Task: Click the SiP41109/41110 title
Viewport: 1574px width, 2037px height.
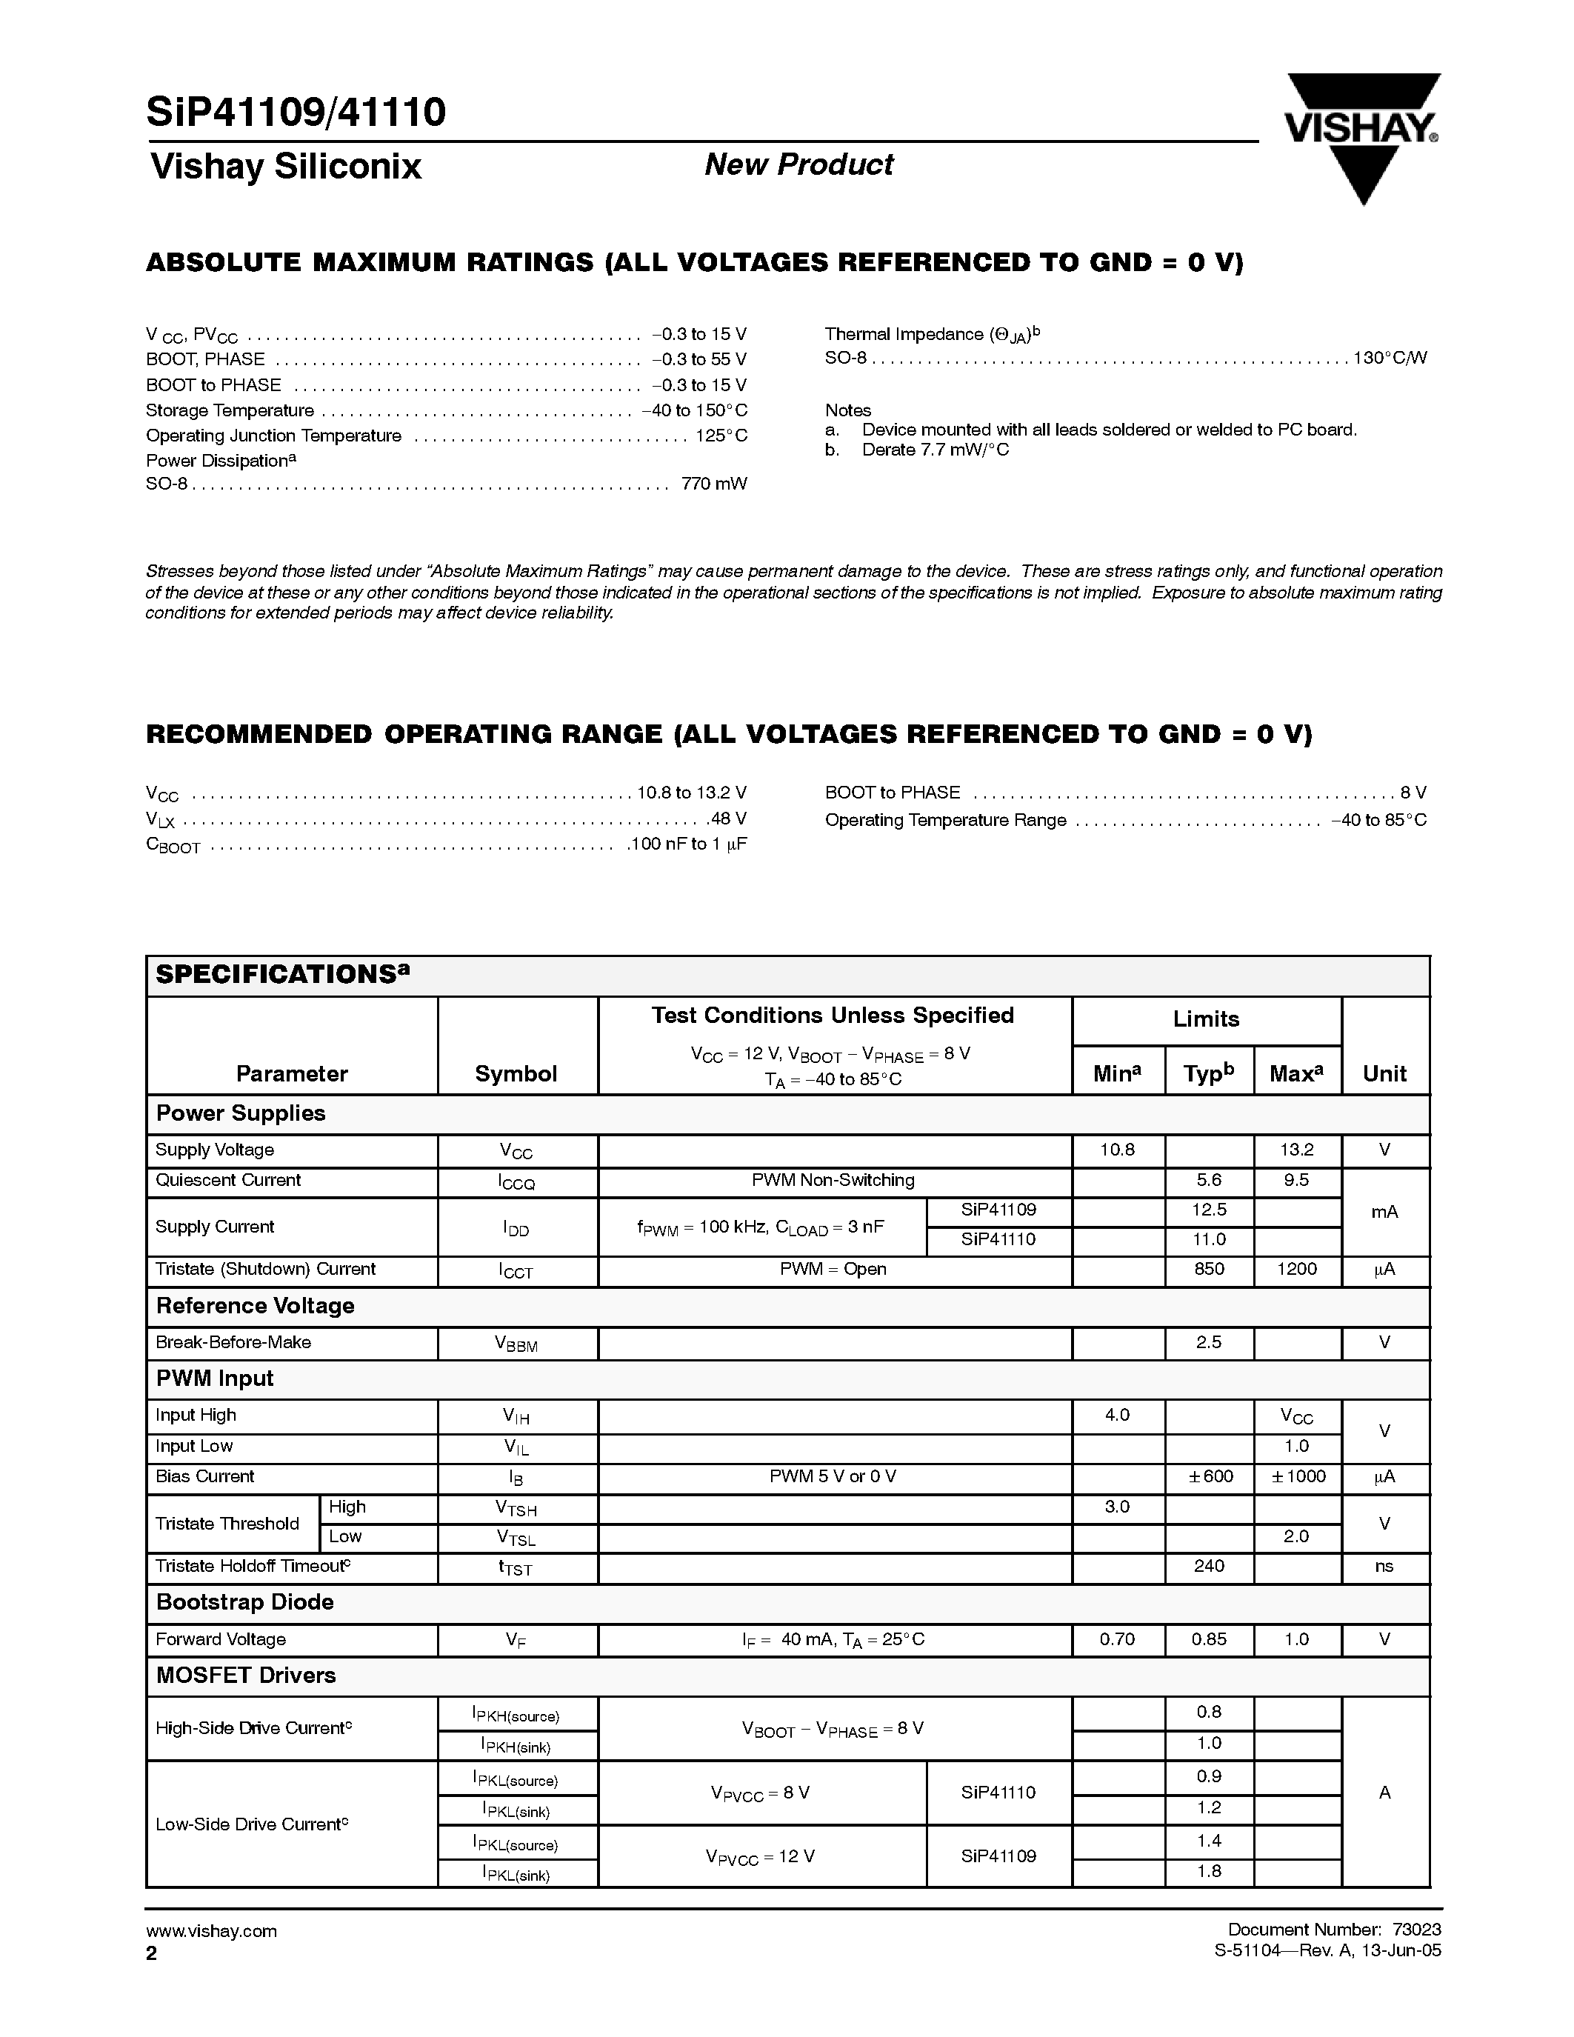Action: click(296, 112)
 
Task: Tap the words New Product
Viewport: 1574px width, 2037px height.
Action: click(798, 165)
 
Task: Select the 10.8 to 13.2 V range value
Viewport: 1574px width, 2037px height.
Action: click(691, 793)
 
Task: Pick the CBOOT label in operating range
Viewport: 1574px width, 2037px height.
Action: click(173, 845)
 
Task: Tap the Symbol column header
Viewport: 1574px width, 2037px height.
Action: click(516, 1073)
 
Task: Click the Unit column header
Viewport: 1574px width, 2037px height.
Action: click(1384, 1073)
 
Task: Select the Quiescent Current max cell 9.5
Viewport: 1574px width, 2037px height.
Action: click(1295, 1181)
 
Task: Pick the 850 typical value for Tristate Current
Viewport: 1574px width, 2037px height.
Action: click(1209, 1270)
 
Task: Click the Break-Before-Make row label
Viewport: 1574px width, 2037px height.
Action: click(233, 1342)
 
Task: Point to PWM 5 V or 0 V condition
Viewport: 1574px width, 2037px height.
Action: click(833, 1476)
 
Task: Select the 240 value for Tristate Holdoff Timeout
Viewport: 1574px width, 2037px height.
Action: click(1209, 1566)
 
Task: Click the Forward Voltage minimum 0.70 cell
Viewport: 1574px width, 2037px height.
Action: click(1116, 1640)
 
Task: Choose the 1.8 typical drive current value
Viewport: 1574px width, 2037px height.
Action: click(1209, 1871)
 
